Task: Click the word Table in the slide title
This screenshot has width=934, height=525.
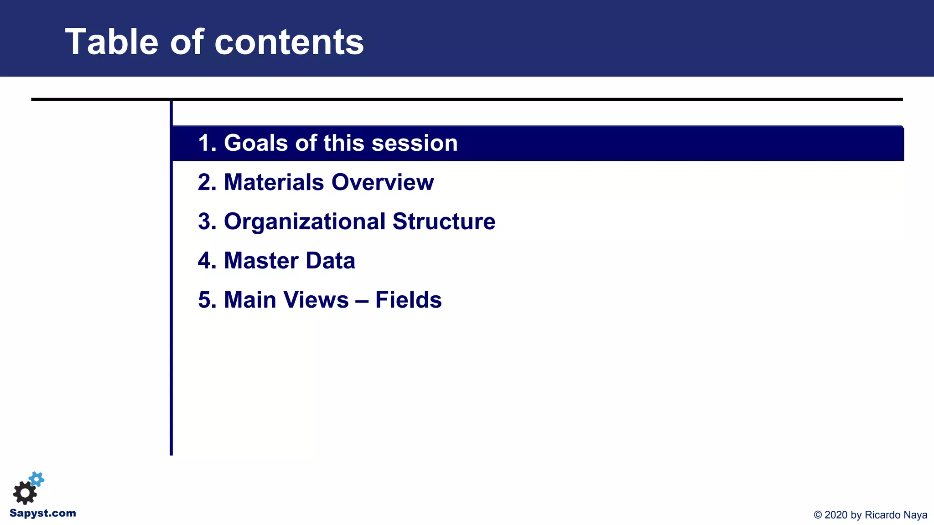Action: pyautogui.click(x=112, y=42)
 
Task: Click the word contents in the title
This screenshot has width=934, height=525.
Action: pyautogui.click(x=289, y=42)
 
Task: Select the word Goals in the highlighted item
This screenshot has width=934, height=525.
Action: pyautogui.click(x=256, y=143)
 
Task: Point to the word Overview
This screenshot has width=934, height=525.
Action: pyautogui.click(x=383, y=182)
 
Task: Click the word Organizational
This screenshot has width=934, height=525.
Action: pyautogui.click(x=305, y=221)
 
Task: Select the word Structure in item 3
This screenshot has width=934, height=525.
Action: pyautogui.click(x=444, y=221)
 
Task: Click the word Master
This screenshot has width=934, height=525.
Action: pyautogui.click(x=261, y=261)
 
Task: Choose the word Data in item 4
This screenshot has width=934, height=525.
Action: pyautogui.click(x=330, y=261)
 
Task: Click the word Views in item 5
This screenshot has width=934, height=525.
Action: pyautogui.click(x=320, y=300)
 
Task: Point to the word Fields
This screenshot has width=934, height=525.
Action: pyautogui.click(x=408, y=300)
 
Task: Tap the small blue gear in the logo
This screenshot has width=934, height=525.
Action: pyautogui.click(x=37, y=479)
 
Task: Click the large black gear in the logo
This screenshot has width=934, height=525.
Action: pyautogui.click(x=25, y=493)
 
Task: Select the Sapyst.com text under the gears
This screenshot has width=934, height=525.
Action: pyautogui.click(x=43, y=513)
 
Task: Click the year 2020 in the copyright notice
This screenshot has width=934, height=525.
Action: pyautogui.click(x=836, y=515)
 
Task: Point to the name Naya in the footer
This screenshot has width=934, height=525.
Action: pyautogui.click(x=916, y=515)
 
